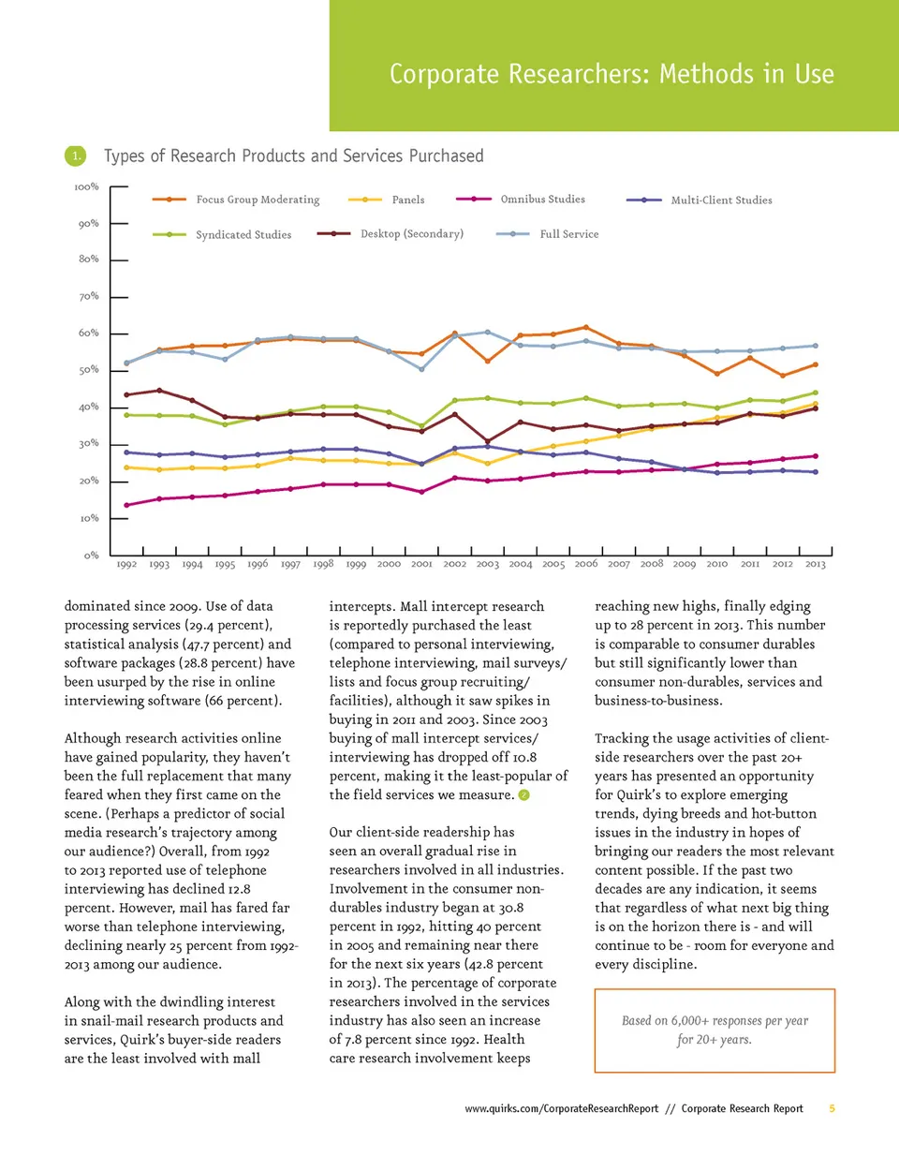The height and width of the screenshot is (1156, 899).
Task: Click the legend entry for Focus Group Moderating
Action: pos(257,200)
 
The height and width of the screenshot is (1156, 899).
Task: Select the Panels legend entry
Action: pos(407,200)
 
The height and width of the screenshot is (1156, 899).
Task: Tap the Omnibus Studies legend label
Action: pos(542,199)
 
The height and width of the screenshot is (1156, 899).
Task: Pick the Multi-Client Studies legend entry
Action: pos(721,200)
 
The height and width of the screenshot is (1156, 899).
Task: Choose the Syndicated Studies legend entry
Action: pos(243,234)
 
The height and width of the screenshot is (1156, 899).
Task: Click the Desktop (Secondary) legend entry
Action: pos(411,233)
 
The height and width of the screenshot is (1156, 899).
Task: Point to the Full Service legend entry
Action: pos(568,234)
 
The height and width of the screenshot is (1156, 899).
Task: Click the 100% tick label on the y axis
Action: pos(86,187)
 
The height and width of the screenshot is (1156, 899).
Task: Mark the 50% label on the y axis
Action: pos(88,370)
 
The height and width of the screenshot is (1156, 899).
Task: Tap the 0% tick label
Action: pos(91,556)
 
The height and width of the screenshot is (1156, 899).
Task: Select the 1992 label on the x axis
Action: pos(126,564)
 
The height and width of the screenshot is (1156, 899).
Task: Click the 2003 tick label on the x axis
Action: pos(487,564)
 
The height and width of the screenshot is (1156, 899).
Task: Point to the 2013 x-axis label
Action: pos(816,564)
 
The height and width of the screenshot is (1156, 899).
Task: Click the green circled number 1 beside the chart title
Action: pos(75,156)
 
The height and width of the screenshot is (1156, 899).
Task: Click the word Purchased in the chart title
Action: pos(446,156)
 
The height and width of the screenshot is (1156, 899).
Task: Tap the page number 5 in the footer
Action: pos(832,1108)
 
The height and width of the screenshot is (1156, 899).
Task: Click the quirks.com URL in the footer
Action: pos(562,1108)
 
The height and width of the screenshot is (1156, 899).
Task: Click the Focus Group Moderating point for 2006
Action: pos(586,327)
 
